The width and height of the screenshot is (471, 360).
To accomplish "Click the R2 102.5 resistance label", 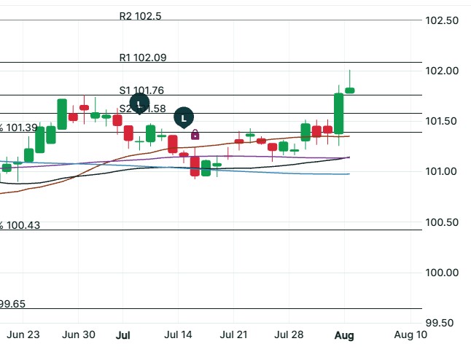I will (141, 16).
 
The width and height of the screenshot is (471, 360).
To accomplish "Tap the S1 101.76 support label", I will (142, 90).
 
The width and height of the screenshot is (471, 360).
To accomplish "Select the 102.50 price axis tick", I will (442, 20).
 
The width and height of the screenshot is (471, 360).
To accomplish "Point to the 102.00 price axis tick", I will (442, 71).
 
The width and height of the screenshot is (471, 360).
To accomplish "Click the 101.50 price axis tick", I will (442, 121).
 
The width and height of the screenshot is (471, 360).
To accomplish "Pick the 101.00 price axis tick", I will (442, 171).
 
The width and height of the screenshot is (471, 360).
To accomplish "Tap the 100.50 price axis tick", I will (442, 222).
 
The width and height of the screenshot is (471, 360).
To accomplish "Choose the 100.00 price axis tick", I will (442, 273).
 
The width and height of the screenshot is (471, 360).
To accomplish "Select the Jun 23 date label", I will (23, 335).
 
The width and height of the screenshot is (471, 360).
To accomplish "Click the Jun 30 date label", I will (79, 335).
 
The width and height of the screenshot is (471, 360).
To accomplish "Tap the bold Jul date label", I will (123, 335).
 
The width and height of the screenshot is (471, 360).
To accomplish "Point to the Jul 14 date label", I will (177, 335).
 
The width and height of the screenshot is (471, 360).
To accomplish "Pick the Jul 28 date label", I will (289, 335).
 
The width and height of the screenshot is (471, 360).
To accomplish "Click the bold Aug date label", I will (344, 335).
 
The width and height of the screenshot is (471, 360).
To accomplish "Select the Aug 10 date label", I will (410, 335).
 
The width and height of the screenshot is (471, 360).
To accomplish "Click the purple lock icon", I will (195, 134).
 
